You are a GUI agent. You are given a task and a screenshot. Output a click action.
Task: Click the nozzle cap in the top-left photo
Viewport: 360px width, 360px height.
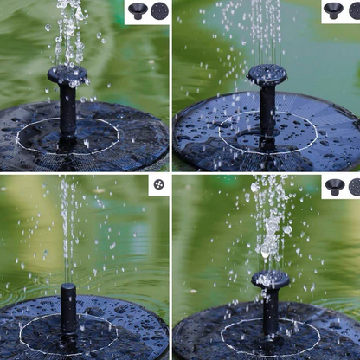pos(67,75)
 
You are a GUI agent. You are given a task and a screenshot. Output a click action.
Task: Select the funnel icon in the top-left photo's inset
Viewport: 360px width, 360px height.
pos(138,11)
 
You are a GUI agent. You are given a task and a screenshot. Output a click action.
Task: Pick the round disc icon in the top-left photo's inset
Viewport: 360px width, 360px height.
pos(159,11)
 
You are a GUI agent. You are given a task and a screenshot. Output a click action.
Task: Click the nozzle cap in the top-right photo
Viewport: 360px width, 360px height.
pos(267,74)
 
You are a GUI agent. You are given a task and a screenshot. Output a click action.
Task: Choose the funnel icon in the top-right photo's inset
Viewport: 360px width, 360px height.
pos(333,10)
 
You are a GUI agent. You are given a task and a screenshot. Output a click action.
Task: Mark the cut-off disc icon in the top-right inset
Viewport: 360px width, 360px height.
pos(355,10)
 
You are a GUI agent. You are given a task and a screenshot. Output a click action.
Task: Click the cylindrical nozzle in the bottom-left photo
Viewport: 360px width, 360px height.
pos(68,307)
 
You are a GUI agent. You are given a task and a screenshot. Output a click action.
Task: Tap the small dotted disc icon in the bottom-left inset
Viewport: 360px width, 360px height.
pos(158,185)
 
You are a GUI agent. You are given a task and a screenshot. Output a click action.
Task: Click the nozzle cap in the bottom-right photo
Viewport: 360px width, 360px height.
pos(271,279)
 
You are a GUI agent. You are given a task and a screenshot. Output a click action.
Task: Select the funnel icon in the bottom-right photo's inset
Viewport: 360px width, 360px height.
pos(334,186)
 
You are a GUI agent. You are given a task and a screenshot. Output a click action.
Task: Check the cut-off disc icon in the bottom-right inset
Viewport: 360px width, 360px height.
pos(355,186)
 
